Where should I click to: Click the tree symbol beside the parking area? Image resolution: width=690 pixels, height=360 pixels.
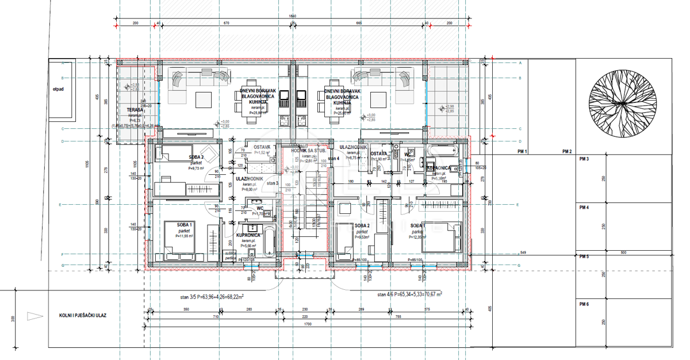click(622, 104)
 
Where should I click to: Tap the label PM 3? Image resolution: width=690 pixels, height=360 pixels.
click(584, 159)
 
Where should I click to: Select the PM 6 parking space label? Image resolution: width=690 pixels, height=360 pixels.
click(584, 304)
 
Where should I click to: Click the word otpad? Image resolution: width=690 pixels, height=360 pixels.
click(58, 89)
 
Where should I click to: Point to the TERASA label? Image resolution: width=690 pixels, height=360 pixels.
click(134, 109)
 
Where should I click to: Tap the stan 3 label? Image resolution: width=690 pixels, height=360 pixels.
click(272, 183)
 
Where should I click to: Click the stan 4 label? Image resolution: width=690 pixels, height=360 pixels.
click(333, 158)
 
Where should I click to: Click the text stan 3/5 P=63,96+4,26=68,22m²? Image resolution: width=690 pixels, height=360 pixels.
click(211, 297)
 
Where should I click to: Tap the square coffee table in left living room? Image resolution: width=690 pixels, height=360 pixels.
click(205, 100)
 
